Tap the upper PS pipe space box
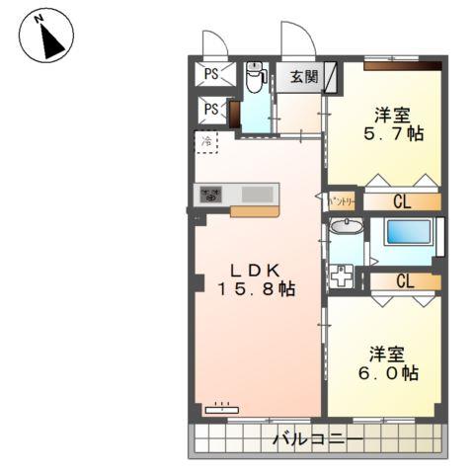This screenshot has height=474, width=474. [212, 71]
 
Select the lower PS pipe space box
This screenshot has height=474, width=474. [212, 109]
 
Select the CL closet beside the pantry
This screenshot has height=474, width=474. [403, 202]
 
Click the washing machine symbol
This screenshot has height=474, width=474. [344, 277]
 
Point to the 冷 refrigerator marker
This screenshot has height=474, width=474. [207, 142]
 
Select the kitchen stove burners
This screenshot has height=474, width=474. [209, 196]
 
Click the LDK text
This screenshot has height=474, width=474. [257, 270]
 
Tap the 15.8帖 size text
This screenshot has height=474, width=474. [257, 290]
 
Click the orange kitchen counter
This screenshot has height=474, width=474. [254, 209]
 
